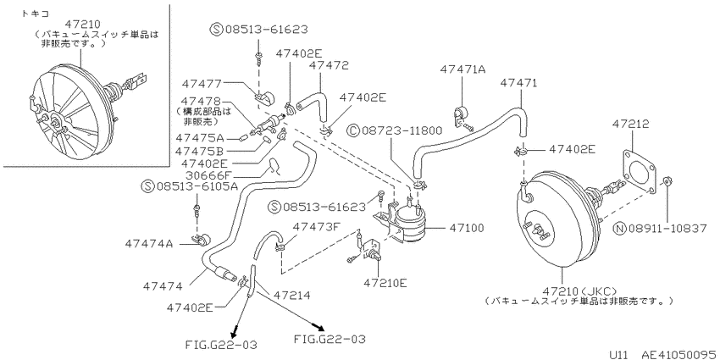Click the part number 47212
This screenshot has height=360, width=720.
tap(630, 125)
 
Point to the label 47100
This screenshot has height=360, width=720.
tap(467, 227)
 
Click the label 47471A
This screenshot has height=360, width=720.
tap(462, 69)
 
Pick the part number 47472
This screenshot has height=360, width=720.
tap(329, 65)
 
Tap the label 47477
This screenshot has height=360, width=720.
tap(201, 83)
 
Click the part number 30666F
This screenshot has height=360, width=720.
tap(204, 175)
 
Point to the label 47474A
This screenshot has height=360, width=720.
tap(148, 244)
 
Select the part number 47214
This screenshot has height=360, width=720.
tap(291, 296)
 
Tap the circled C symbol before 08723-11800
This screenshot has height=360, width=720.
tap(354, 131)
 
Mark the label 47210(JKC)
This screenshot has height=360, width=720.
tap(579, 291)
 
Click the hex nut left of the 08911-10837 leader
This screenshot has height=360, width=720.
tap(667, 180)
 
